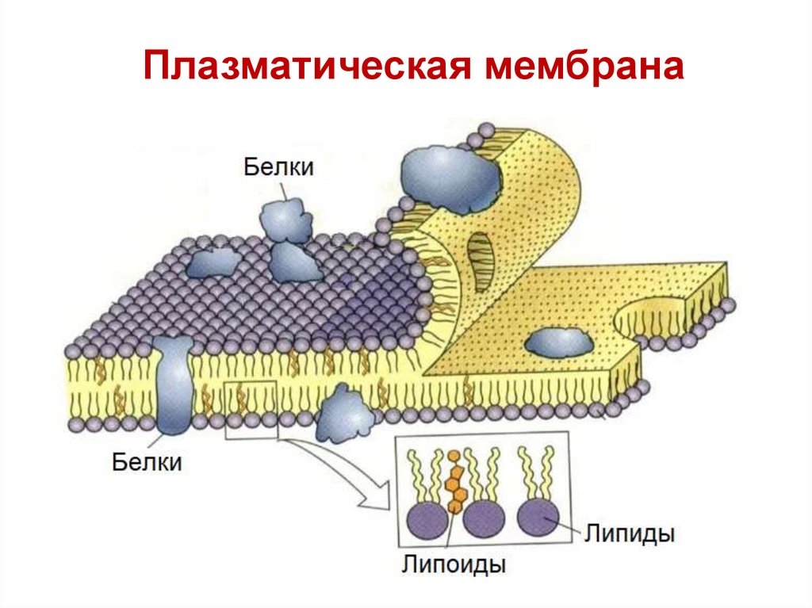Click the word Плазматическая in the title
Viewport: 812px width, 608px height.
[310, 67]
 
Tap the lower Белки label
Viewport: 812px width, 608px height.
[146, 461]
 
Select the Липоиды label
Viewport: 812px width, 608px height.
[454, 566]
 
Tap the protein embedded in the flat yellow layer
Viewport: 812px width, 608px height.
[558, 342]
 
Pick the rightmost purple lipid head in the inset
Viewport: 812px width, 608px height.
[538, 516]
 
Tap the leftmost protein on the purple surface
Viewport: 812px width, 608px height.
[212, 262]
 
